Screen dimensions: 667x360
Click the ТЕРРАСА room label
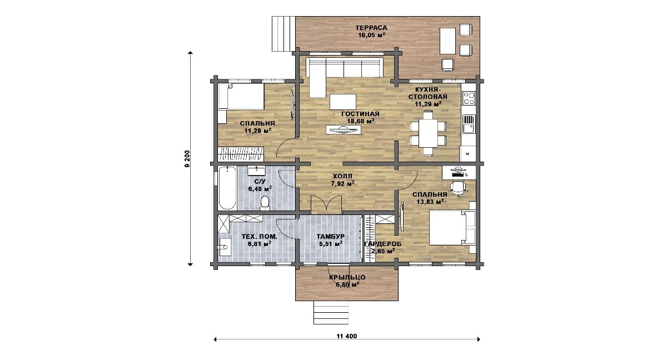(371, 28)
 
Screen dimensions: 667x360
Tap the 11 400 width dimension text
(347, 336)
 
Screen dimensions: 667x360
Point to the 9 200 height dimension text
(187, 159)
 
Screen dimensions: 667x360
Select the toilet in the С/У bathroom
(264, 203)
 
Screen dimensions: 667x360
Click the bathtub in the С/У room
(227, 188)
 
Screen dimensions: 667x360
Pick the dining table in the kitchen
(428, 133)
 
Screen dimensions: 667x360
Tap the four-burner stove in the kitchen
(469, 98)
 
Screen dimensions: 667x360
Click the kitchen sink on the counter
(469, 124)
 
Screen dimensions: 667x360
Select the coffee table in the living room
(343, 102)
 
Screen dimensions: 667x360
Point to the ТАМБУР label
(331, 237)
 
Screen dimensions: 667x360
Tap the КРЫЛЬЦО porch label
(347, 277)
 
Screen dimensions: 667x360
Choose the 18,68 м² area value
(361, 121)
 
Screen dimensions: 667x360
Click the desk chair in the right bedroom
(458, 188)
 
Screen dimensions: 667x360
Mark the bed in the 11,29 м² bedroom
(241, 96)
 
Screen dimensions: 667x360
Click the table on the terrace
(447, 41)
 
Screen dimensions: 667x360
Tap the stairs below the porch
(331, 312)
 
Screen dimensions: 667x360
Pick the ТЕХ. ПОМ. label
(259, 237)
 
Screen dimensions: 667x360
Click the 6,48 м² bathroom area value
(260, 189)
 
